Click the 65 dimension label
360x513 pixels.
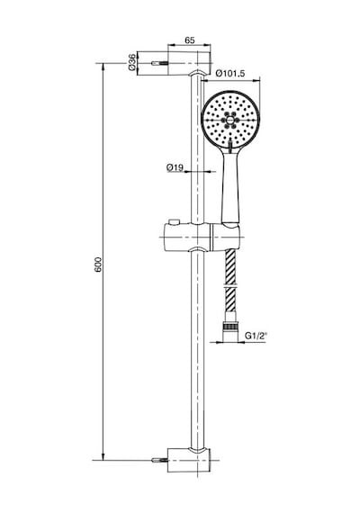coord(190,40)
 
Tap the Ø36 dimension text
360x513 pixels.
coord(132,62)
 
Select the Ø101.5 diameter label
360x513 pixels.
coord(230,73)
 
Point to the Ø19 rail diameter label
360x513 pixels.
coord(175,167)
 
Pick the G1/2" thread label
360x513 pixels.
coord(256,336)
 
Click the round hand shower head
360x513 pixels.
coord(230,120)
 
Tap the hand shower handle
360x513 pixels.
coord(231,186)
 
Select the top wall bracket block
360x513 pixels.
coord(189,64)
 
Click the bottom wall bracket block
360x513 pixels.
coord(189,460)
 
